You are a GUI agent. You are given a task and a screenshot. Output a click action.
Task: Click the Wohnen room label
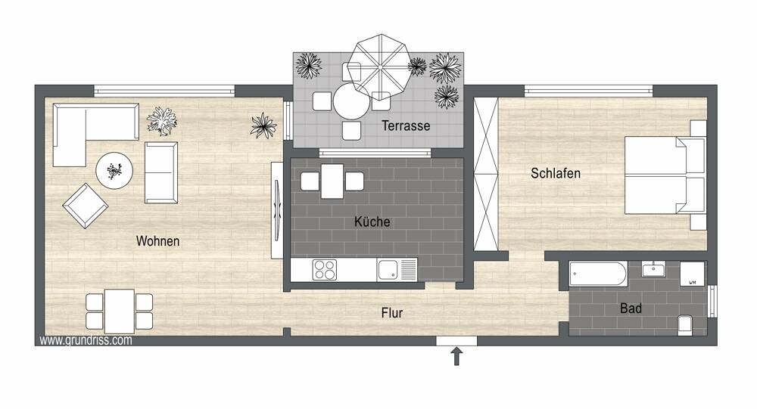[x=158, y=240]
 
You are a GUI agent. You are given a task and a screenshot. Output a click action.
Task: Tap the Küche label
[x=372, y=222]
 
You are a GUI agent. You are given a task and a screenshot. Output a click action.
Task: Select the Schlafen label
[x=556, y=173]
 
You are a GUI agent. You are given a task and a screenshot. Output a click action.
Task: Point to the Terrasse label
[x=406, y=125]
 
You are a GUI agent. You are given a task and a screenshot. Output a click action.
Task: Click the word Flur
[x=392, y=313]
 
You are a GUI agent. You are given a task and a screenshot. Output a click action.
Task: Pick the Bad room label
[x=631, y=308]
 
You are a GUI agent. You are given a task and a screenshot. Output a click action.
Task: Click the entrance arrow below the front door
[x=456, y=357]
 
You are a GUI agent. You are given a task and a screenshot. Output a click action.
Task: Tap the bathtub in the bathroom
[x=598, y=274]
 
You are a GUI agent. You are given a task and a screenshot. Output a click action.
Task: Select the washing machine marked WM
[x=692, y=274]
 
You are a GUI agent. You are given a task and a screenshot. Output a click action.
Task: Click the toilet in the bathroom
[x=684, y=325]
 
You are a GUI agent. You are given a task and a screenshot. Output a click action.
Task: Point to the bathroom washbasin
[x=654, y=269]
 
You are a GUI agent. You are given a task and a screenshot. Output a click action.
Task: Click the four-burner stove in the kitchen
[x=325, y=270]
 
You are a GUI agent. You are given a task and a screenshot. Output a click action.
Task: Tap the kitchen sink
[x=397, y=270]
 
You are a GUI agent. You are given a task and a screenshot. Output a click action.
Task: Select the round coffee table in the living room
[x=114, y=170]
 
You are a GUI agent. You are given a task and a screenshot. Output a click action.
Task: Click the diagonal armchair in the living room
[x=86, y=206]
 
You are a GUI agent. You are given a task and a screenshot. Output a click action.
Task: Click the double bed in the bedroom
[x=665, y=175]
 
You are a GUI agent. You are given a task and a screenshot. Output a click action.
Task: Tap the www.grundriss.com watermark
[x=86, y=340]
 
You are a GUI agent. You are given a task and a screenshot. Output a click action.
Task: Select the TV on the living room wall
[x=277, y=210]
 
